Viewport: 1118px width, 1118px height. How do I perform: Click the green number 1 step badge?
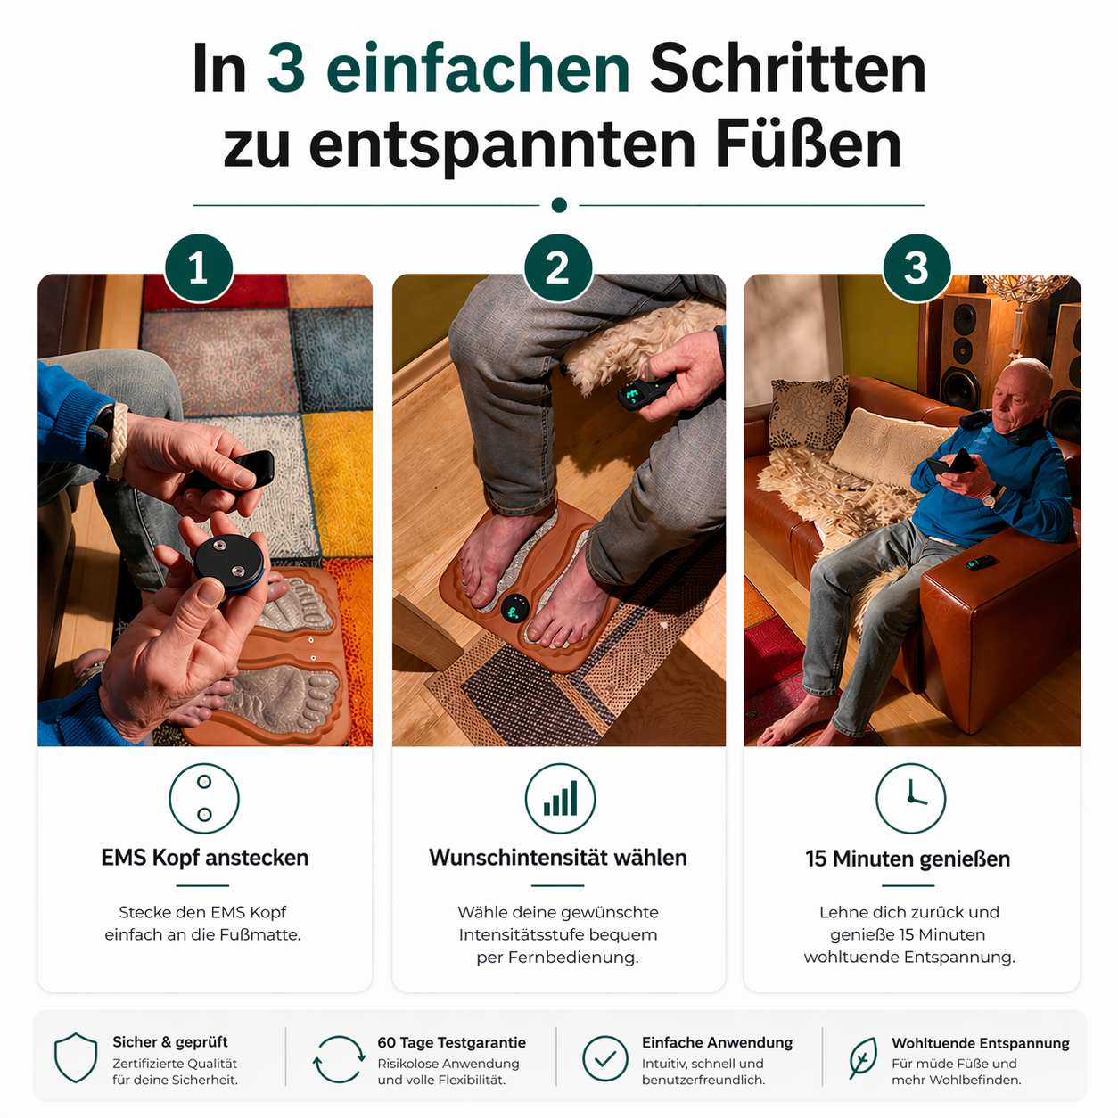click(x=199, y=268)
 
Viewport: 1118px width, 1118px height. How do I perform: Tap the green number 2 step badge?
click(x=558, y=268)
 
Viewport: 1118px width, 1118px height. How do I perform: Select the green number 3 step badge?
click(x=917, y=268)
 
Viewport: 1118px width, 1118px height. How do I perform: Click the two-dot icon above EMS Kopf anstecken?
click(x=204, y=798)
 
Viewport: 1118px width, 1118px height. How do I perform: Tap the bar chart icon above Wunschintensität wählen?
click(x=560, y=798)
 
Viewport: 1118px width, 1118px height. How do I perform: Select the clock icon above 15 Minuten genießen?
click(x=910, y=798)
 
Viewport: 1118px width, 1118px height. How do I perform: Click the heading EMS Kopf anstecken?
click(x=204, y=858)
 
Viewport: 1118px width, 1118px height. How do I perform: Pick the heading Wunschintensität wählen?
click(x=558, y=858)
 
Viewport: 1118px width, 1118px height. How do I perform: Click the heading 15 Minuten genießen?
click(x=908, y=859)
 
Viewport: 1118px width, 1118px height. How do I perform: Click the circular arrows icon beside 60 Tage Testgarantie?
click(x=339, y=1059)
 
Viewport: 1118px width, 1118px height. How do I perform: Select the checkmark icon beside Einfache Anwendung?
click(x=605, y=1059)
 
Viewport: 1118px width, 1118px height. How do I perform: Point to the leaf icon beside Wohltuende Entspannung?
click(x=862, y=1058)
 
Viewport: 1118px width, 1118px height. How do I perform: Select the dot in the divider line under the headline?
click(x=559, y=205)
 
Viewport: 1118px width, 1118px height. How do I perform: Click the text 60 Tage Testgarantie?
click(x=451, y=1042)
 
